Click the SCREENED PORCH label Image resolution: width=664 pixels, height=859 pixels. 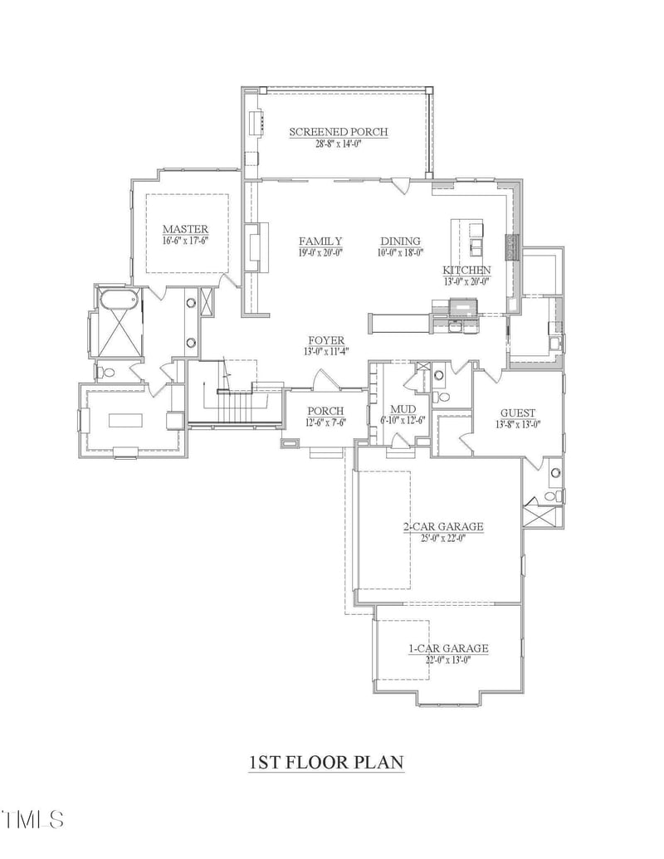[338, 131]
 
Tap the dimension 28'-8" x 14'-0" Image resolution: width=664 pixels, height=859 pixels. [338, 144]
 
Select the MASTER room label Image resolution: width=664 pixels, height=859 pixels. [185, 229]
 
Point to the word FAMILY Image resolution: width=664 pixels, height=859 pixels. [320, 242]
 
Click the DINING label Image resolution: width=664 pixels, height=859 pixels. [400, 242]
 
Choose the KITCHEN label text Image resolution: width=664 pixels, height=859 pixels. [466, 270]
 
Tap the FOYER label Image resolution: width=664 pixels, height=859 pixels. [326, 340]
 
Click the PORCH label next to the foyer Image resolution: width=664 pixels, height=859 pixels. [325, 411]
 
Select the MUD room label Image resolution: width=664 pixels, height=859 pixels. [403, 409]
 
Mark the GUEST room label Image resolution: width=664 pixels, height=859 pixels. [517, 412]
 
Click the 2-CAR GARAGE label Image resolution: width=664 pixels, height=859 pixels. [442, 526]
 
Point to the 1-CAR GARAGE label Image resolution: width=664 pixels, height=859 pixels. [447, 648]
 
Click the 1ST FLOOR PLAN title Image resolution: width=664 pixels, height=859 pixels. [326, 761]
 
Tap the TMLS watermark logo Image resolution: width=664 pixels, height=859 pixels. [33, 819]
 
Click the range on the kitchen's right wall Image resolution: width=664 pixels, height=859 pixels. [514, 246]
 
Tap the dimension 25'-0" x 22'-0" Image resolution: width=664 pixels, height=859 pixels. [442, 538]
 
